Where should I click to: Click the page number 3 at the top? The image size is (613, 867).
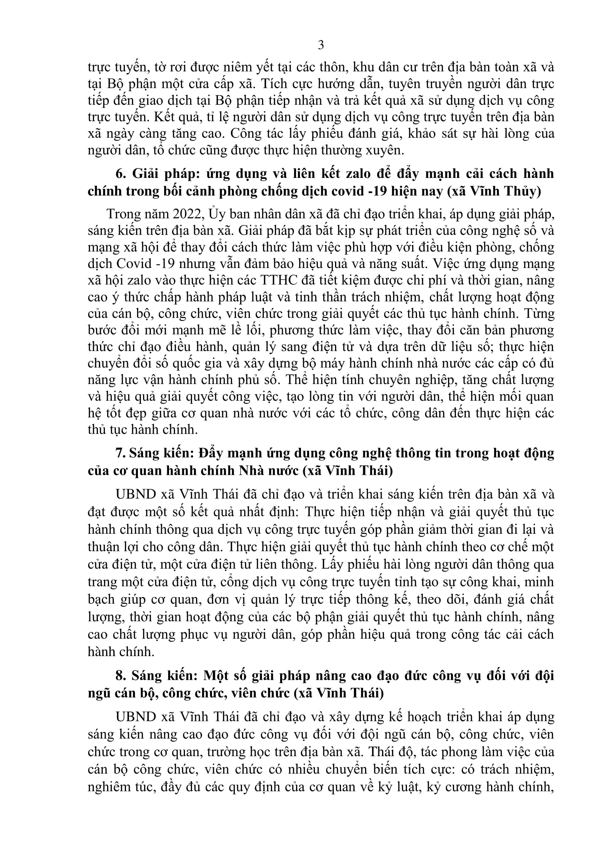pyautogui.click(x=321, y=45)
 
